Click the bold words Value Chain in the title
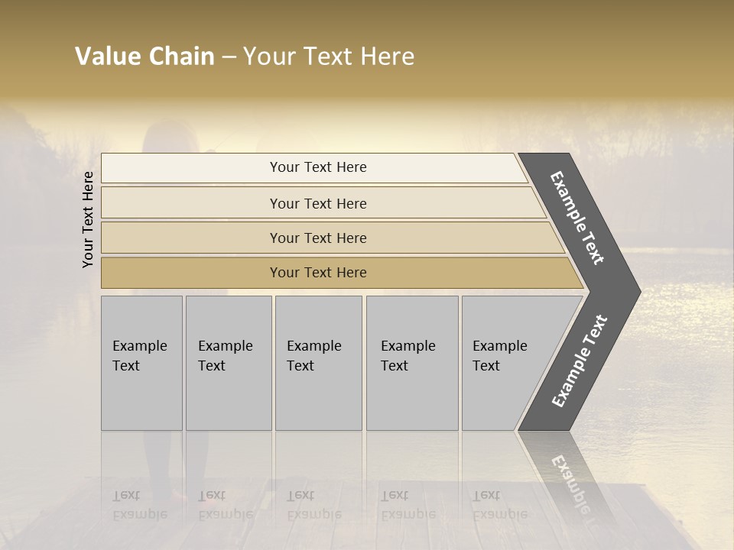pyautogui.click(x=145, y=57)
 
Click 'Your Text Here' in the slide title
pyautogui.click(x=329, y=57)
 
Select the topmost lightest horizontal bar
pyautogui.click(x=191, y=168)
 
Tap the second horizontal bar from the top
pyautogui.click(x=191, y=203)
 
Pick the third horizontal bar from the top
pyautogui.click(x=191, y=238)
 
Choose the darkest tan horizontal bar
pyautogui.click(x=191, y=273)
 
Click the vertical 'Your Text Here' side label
pyautogui.click(x=88, y=219)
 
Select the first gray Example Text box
pyautogui.click(x=141, y=363)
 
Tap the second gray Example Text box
pyautogui.click(x=228, y=363)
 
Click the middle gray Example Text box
pyautogui.click(x=318, y=363)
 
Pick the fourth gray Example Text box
pyautogui.click(x=411, y=363)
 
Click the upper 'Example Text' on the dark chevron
pyautogui.click(x=577, y=218)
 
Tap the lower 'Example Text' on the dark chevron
pyautogui.click(x=580, y=361)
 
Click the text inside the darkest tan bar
pyautogui.click(x=318, y=273)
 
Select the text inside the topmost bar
pyautogui.click(x=318, y=167)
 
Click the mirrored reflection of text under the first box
pyautogui.click(x=139, y=505)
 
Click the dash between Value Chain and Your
pyautogui.click(x=229, y=57)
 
